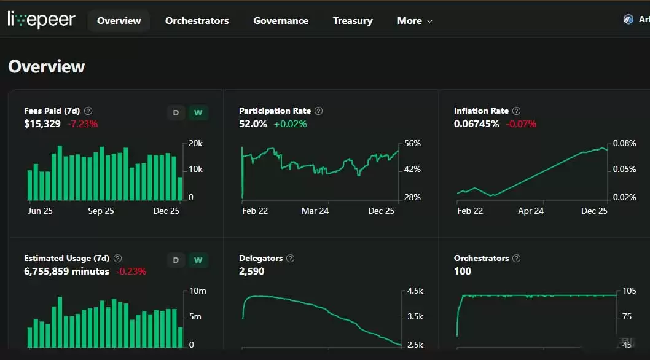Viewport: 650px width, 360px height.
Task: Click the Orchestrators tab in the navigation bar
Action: (x=197, y=21)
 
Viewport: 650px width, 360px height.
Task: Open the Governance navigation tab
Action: (x=281, y=21)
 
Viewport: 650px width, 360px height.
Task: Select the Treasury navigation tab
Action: (x=353, y=21)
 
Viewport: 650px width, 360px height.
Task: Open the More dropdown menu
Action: (x=415, y=21)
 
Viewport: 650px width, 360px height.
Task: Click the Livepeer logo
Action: (x=41, y=20)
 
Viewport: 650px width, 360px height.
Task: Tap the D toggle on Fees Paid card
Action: (x=176, y=113)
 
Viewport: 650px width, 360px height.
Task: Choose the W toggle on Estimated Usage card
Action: (x=198, y=260)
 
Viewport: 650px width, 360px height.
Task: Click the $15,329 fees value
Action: (x=42, y=124)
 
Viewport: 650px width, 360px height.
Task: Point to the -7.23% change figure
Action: (x=82, y=124)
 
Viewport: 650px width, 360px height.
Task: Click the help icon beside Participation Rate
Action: (x=318, y=111)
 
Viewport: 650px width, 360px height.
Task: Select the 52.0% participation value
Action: (x=253, y=124)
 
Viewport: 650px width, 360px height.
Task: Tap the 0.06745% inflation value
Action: (x=477, y=124)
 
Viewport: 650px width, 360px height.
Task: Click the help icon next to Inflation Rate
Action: (x=516, y=111)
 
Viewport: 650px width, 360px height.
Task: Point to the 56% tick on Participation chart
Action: (x=412, y=144)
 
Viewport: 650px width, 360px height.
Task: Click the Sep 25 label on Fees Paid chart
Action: (x=101, y=211)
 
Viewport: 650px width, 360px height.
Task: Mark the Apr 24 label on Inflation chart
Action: (x=531, y=211)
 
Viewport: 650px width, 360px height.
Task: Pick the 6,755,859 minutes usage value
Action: (x=66, y=272)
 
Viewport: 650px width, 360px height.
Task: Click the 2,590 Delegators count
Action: (x=251, y=272)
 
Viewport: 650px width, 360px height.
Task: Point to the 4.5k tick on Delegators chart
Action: (x=415, y=291)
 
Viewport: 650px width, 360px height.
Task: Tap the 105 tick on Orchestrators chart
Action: (x=629, y=291)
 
